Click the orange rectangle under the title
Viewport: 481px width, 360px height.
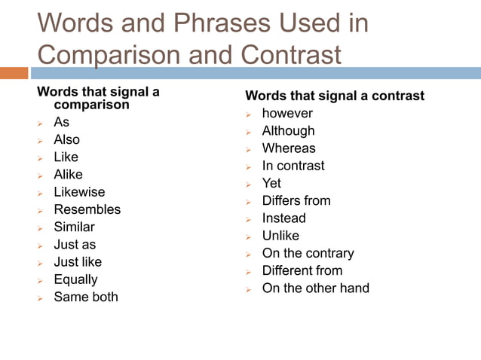14,73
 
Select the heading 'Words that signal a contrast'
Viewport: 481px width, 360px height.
335,96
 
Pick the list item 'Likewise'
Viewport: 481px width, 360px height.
79,192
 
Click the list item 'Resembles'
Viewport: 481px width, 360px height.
87,209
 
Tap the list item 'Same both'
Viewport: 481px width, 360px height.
86,297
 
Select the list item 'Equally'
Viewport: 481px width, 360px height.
75,279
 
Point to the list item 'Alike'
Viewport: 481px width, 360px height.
68,175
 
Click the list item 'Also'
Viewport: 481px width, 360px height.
66,139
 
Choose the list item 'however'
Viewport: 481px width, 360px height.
287,114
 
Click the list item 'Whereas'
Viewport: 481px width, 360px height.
289,148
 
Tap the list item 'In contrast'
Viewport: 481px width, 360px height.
293,166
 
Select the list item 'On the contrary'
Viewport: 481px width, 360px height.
308,253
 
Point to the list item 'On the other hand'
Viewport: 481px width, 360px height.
315,288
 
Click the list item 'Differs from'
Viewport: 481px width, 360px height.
296,200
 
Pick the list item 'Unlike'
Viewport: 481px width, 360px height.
280,236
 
